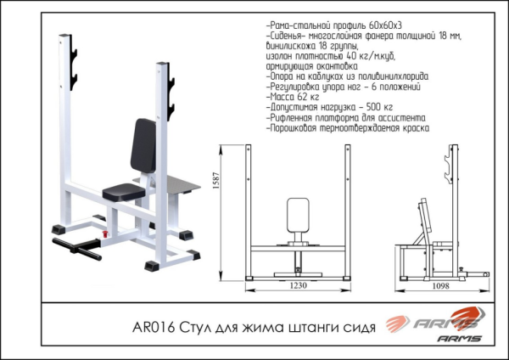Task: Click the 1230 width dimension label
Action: tap(298, 286)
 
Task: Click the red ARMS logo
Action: tap(433, 323)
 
